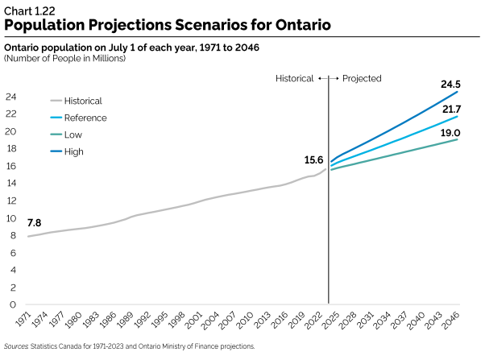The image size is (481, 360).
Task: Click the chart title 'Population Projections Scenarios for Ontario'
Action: click(167, 24)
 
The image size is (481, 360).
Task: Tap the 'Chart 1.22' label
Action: click(29, 8)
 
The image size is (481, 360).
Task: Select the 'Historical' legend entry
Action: click(83, 101)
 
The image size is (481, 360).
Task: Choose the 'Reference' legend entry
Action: click(85, 118)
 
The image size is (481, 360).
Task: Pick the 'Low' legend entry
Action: click(73, 134)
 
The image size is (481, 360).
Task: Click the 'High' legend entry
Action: click(74, 151)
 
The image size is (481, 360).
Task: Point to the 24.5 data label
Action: click(450, 85)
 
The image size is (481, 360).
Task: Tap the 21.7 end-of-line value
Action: click(450, 108)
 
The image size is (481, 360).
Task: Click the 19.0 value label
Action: click(450, 131)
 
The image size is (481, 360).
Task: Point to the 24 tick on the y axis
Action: click(11, 97)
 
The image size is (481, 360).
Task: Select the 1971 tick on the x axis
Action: click(23, 321)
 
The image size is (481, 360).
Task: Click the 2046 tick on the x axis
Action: click(452, 321)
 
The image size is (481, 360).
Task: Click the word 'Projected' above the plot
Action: click(362, 78)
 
